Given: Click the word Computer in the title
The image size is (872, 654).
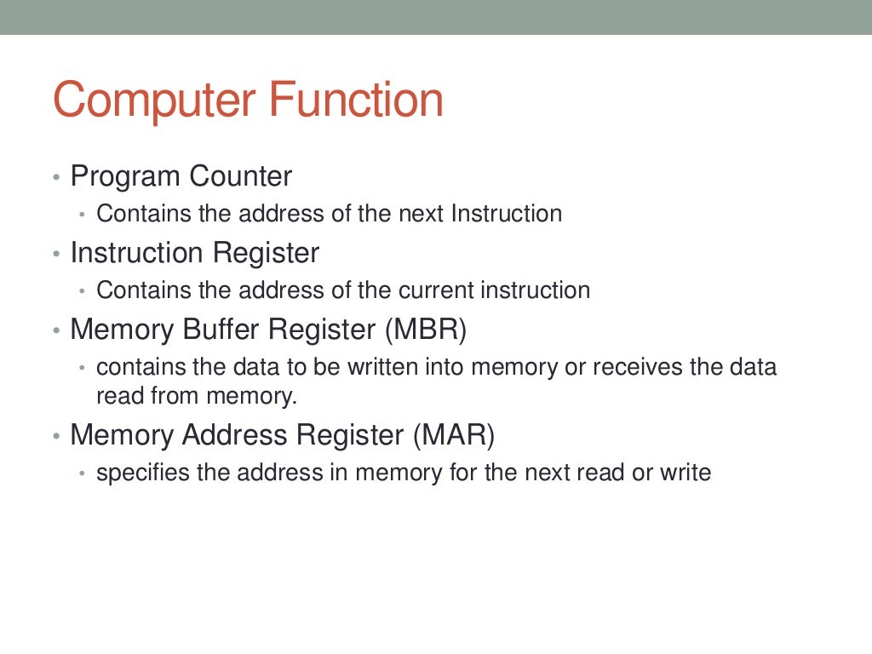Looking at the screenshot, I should [x=156, y=100].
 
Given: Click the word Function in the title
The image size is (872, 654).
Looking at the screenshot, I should [x=357, y=100].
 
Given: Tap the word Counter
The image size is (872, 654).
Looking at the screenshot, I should [x=240, y=177].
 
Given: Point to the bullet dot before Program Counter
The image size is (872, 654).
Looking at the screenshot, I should [x=56, y=179].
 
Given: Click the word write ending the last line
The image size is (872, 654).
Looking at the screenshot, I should [x=686, y=473].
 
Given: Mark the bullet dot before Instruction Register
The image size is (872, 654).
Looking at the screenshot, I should [x=56, y=255].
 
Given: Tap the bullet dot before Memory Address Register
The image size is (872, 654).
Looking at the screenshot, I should [x=56, y=437].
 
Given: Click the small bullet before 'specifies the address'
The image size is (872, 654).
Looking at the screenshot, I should [x=83, y=473].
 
